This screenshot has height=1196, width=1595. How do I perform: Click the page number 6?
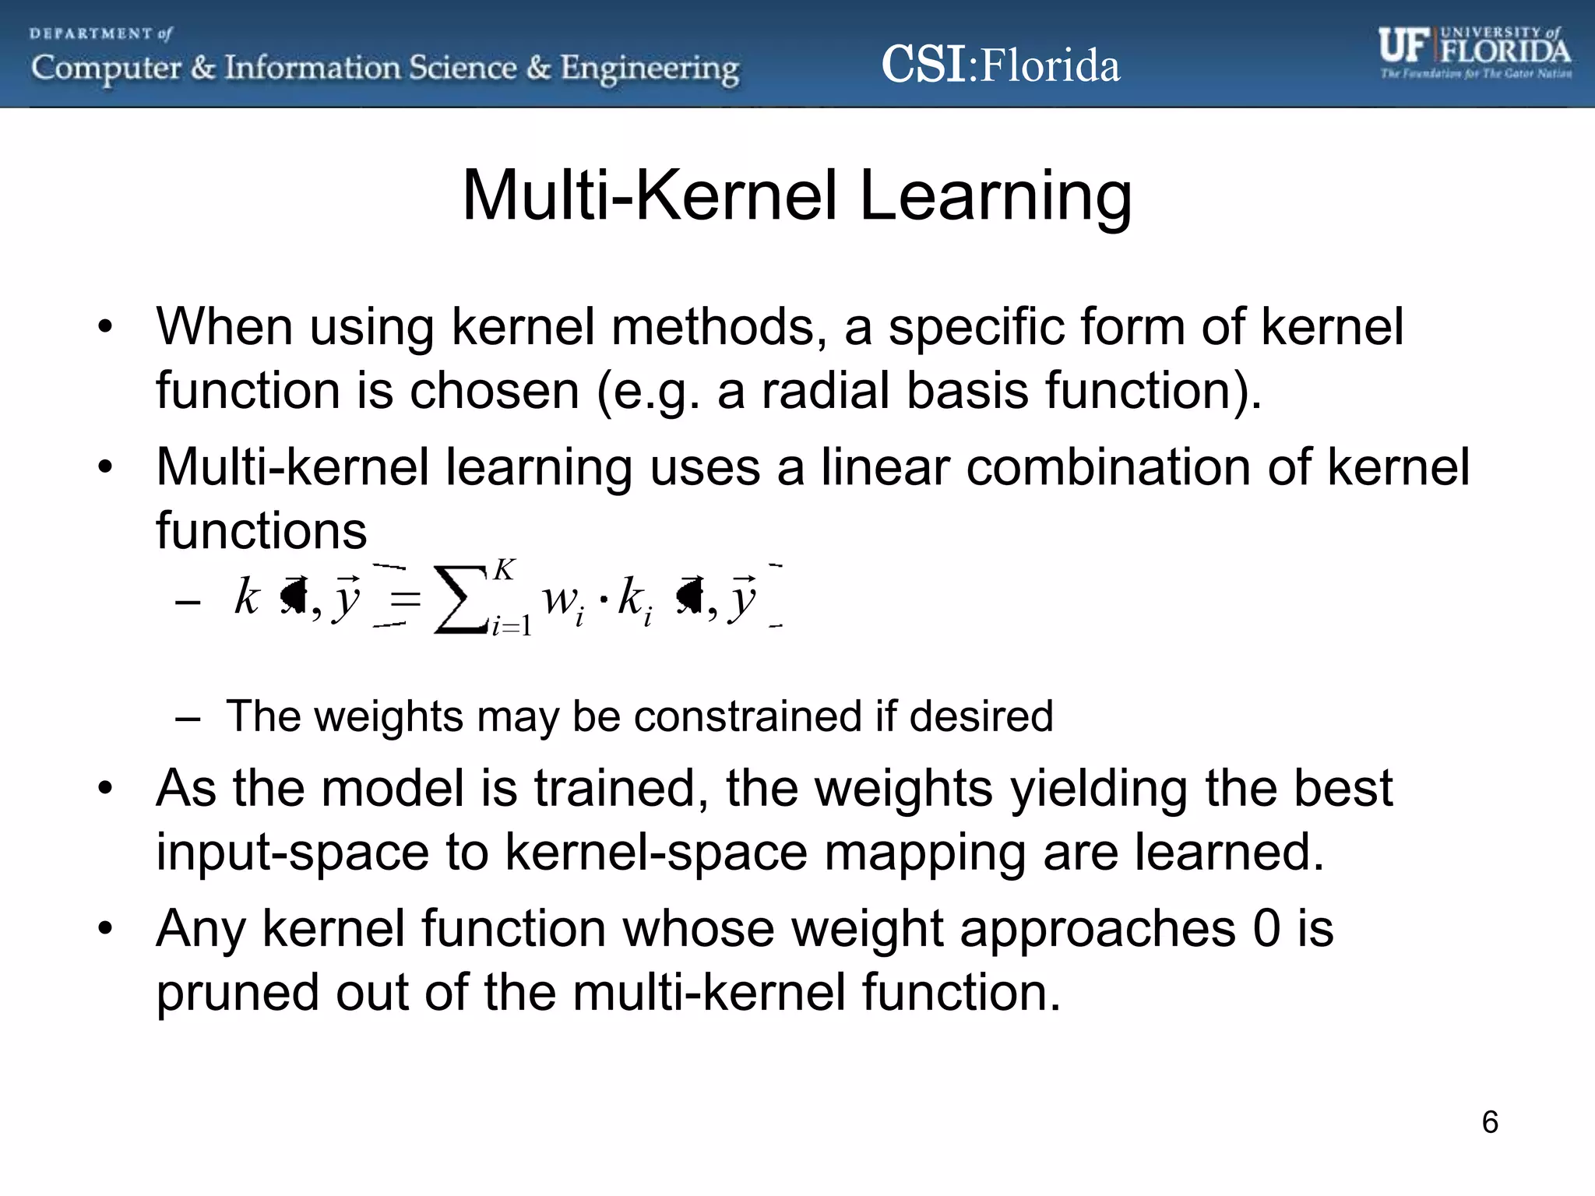(x=1489, y=1122)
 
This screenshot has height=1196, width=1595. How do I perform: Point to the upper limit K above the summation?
(x=504, y=570)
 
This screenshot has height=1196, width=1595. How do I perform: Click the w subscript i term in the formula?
(x=562, y=602)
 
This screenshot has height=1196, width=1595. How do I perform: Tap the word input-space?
(x=292, y=853)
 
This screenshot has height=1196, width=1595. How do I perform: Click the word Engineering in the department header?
(x=650, y=69)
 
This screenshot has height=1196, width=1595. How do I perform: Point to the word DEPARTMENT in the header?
(x=92, y=34)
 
